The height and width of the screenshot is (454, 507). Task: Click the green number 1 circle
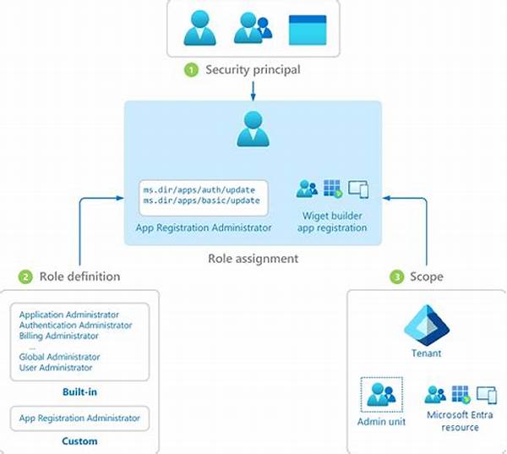191,69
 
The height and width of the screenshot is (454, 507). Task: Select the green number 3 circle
396,276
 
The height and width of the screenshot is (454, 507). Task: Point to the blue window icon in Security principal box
307,30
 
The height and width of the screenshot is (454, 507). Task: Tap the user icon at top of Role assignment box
253,129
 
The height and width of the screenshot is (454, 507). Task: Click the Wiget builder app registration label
332,222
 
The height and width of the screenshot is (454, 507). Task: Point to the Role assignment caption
253,259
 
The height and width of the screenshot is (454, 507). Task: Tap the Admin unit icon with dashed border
382,394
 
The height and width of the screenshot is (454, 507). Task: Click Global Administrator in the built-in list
59,357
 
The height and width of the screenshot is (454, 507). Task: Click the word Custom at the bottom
80,440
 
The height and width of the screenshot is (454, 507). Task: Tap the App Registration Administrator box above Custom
80,418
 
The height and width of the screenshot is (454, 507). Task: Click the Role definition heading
80,276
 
